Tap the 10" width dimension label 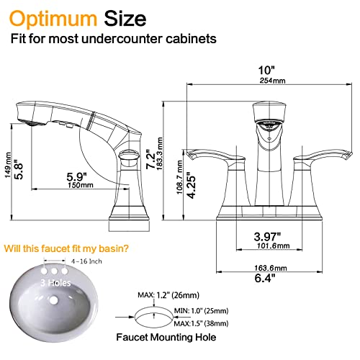pos(267,70)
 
